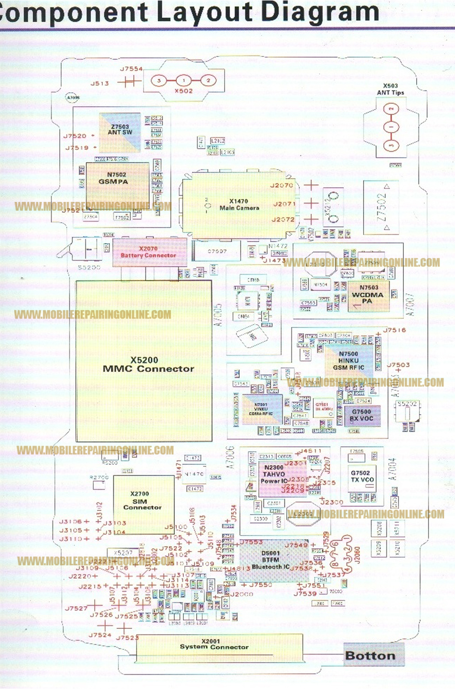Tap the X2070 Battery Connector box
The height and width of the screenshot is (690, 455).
149,252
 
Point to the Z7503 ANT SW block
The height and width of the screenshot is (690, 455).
119,130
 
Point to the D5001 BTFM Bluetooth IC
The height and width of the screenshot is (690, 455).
270,560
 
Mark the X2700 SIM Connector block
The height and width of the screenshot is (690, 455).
143,500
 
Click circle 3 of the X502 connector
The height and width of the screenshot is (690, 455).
159,81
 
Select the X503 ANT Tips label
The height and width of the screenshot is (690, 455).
391,89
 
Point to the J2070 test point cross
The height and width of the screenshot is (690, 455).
311,185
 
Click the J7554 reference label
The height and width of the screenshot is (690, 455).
131,69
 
